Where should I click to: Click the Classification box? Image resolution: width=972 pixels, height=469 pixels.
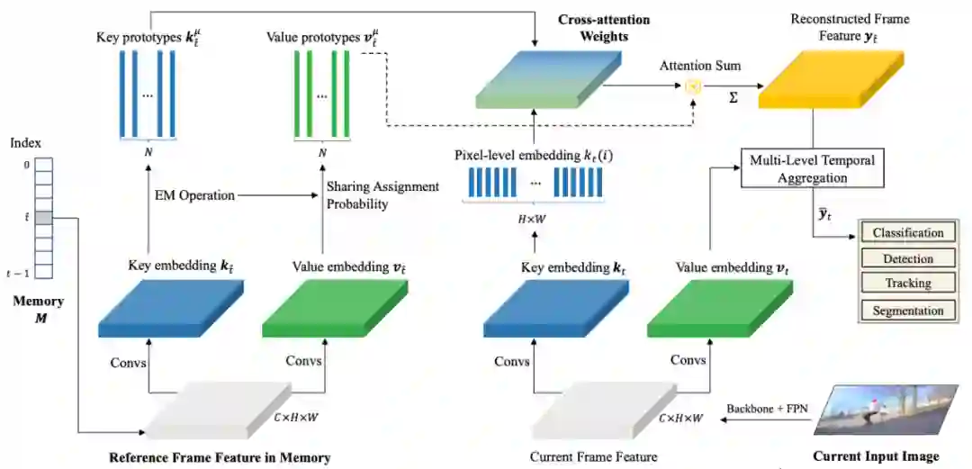pos(908,233)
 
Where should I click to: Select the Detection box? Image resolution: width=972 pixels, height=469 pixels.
pos(908,259)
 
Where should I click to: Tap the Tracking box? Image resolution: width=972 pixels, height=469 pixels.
pos(908,284)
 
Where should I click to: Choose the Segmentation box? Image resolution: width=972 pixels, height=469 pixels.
pos(908,311)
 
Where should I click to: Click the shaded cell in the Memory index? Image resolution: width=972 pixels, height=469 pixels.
pos(44,218)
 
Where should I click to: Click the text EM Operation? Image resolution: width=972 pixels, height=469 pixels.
pos(195,195)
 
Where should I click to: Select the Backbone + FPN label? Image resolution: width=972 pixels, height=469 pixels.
pos(767,408)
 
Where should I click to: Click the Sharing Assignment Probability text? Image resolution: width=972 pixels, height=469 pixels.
pos(382,195)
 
